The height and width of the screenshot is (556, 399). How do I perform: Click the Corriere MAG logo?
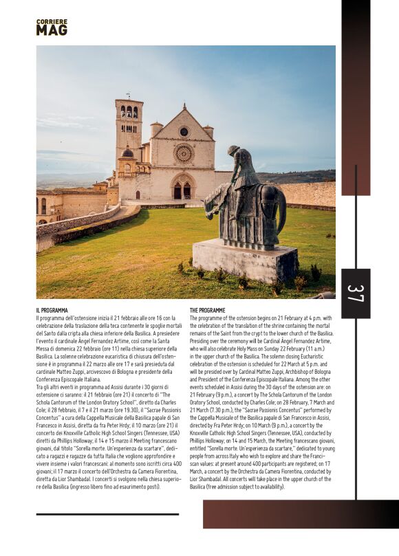click(x=52, y=27)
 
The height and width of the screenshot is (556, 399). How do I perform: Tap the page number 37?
click(x=355, y=293)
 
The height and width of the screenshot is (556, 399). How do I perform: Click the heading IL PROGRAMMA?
click(x=52, y=311)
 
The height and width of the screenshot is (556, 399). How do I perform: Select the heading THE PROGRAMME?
click(x=207, y=311)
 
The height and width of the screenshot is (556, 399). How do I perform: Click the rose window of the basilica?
click(x=183, y=153)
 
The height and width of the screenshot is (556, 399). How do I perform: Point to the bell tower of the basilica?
click(x=129, y=134)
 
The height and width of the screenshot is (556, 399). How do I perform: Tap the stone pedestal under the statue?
click(x=244, y=261)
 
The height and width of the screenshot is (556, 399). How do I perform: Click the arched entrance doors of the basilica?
click(x=182, y=190)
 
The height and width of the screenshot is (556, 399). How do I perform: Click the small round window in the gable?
click(x=184, y=131)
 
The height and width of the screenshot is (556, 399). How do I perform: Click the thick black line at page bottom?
click(x=107, y=514)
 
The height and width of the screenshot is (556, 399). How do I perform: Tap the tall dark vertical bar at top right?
click(x=356, y=96)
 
